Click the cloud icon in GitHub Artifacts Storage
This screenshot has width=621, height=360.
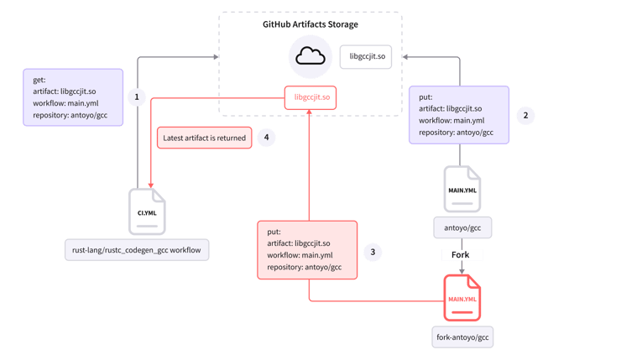310,58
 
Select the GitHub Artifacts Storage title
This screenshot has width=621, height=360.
310,24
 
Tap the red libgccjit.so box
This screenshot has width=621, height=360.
310,97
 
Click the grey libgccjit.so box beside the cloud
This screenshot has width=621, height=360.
368,57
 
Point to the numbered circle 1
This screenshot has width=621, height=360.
136,97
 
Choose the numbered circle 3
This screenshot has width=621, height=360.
373,251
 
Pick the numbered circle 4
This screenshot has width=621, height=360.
266,137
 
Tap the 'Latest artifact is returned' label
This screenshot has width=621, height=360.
204,137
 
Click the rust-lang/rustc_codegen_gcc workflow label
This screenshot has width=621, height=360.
137,249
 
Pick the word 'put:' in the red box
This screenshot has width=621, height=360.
274,232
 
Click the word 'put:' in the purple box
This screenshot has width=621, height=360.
425,97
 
